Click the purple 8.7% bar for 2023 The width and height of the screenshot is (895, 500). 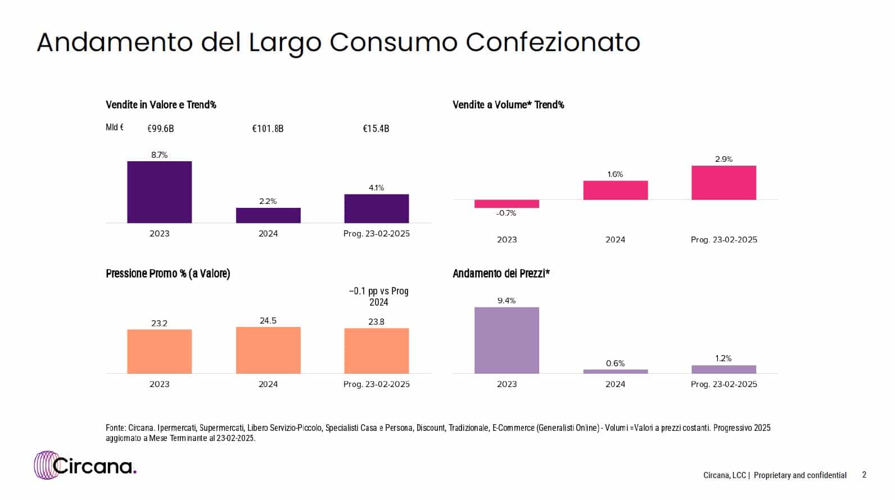(x=159, y=192)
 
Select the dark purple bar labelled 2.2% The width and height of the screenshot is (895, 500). (x=268, y=216)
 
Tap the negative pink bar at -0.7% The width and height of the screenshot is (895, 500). (x=507, y=204)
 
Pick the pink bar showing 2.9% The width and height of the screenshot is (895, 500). (x=724, y=183)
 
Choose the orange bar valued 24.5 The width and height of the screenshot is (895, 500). (x=268, y=350)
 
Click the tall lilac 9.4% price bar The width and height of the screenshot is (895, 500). (x=507, y=340)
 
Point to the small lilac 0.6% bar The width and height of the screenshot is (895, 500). (x=616, y=371)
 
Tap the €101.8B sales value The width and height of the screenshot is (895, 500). (x=268, y=129)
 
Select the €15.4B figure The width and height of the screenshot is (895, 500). (x=376, y=129)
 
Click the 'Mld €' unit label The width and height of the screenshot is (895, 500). (x=115, y=128)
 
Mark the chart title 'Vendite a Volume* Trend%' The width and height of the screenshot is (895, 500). (x=508, y=105)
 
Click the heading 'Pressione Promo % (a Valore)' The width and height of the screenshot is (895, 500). (x=168, y=274)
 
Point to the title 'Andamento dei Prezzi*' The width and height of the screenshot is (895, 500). (x=501, y=274)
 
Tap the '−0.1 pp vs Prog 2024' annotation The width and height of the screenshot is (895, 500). (x=378, y=297)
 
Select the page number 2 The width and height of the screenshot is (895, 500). (x=864, y=475)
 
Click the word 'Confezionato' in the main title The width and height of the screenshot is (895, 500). (x=553, y=42)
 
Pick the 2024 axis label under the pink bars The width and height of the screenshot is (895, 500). (x=615, y=240)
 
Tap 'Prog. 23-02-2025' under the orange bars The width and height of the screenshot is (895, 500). (x=376, y=384)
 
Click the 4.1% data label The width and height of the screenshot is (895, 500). (x=376, y=188)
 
